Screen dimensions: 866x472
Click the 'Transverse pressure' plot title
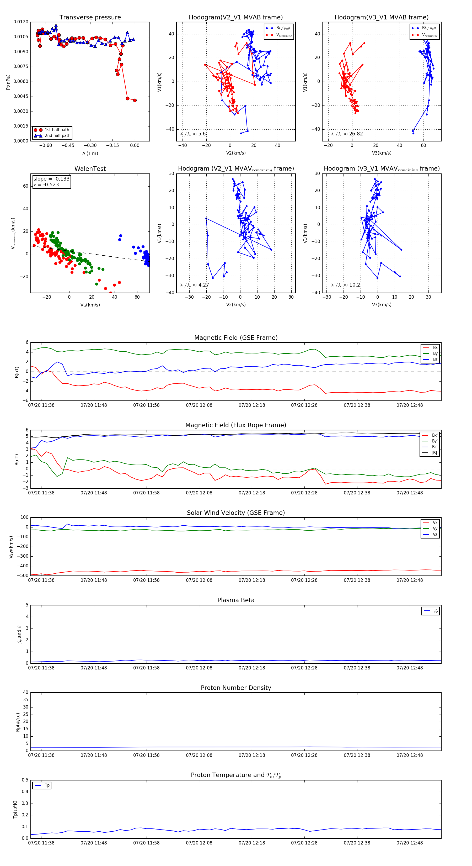90,18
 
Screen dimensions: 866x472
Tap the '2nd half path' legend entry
57,136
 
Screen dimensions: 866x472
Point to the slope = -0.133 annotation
51,179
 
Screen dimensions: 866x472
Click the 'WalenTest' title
90,169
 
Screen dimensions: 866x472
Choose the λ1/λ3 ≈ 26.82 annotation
347,134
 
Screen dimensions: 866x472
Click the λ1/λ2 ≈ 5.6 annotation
192,134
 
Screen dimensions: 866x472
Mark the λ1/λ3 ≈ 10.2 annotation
345,285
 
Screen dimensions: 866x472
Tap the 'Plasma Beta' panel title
236,600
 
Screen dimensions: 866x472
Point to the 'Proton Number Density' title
236,688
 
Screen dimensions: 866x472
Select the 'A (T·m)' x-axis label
90,154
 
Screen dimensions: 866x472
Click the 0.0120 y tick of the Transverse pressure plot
21,22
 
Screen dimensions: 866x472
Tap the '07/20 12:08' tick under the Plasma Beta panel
199,668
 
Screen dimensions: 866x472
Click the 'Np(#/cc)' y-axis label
18,722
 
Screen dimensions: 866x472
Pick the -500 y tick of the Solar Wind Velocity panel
23,575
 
